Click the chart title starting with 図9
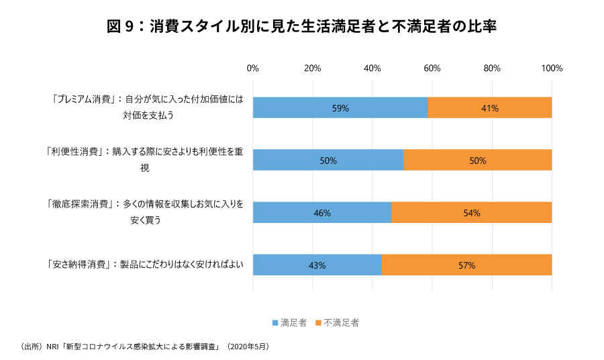[301, 27]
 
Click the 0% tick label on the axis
[253, 68]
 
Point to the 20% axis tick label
[312, 68]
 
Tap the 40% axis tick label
[372, 68]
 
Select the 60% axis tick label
[432, 68]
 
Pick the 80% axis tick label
[492, 68]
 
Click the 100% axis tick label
[552, 68]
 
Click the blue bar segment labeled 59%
[340, 107]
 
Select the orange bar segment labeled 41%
[490, 107]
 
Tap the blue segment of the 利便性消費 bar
[328, 160]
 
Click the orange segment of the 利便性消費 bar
[478, 160]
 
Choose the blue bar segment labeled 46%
[322, 212]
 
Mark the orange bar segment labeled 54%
[472, 212]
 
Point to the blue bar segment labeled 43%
[317, 265]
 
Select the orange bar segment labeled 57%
[467, 265]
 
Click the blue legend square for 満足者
[275, 323]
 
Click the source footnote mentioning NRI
[146, 347]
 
